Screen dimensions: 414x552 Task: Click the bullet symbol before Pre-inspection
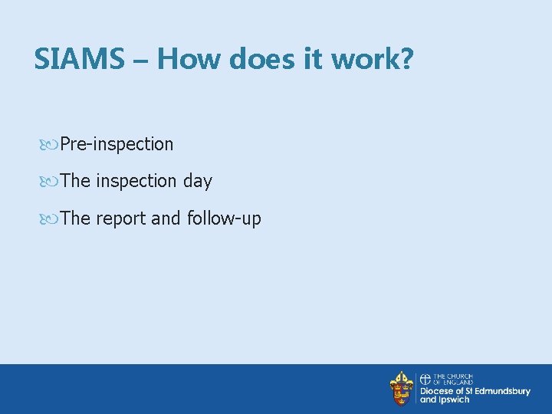point(51,144)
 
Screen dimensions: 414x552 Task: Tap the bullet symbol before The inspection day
point(51,181)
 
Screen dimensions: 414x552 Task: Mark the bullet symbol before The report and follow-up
point(51,219)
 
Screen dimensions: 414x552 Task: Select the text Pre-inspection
point(117,144)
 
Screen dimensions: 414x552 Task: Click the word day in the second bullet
point(197,182)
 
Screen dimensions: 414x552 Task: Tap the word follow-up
point(223,219)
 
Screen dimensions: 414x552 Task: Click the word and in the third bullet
point(166,219)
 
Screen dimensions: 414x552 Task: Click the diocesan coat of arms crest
point(401,389)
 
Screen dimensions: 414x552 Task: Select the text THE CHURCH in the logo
point(453,376)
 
